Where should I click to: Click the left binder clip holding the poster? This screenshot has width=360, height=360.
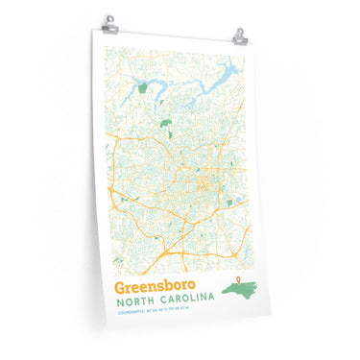click(108, 22)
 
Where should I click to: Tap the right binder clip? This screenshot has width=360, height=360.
click(239, 36)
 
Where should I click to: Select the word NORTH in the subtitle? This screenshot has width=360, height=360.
click(136, 304)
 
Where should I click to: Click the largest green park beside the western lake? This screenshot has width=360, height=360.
click(143, 87)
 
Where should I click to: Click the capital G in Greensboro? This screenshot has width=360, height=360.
click(119, 287)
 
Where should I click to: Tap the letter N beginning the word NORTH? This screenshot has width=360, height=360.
click(119, 304)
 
